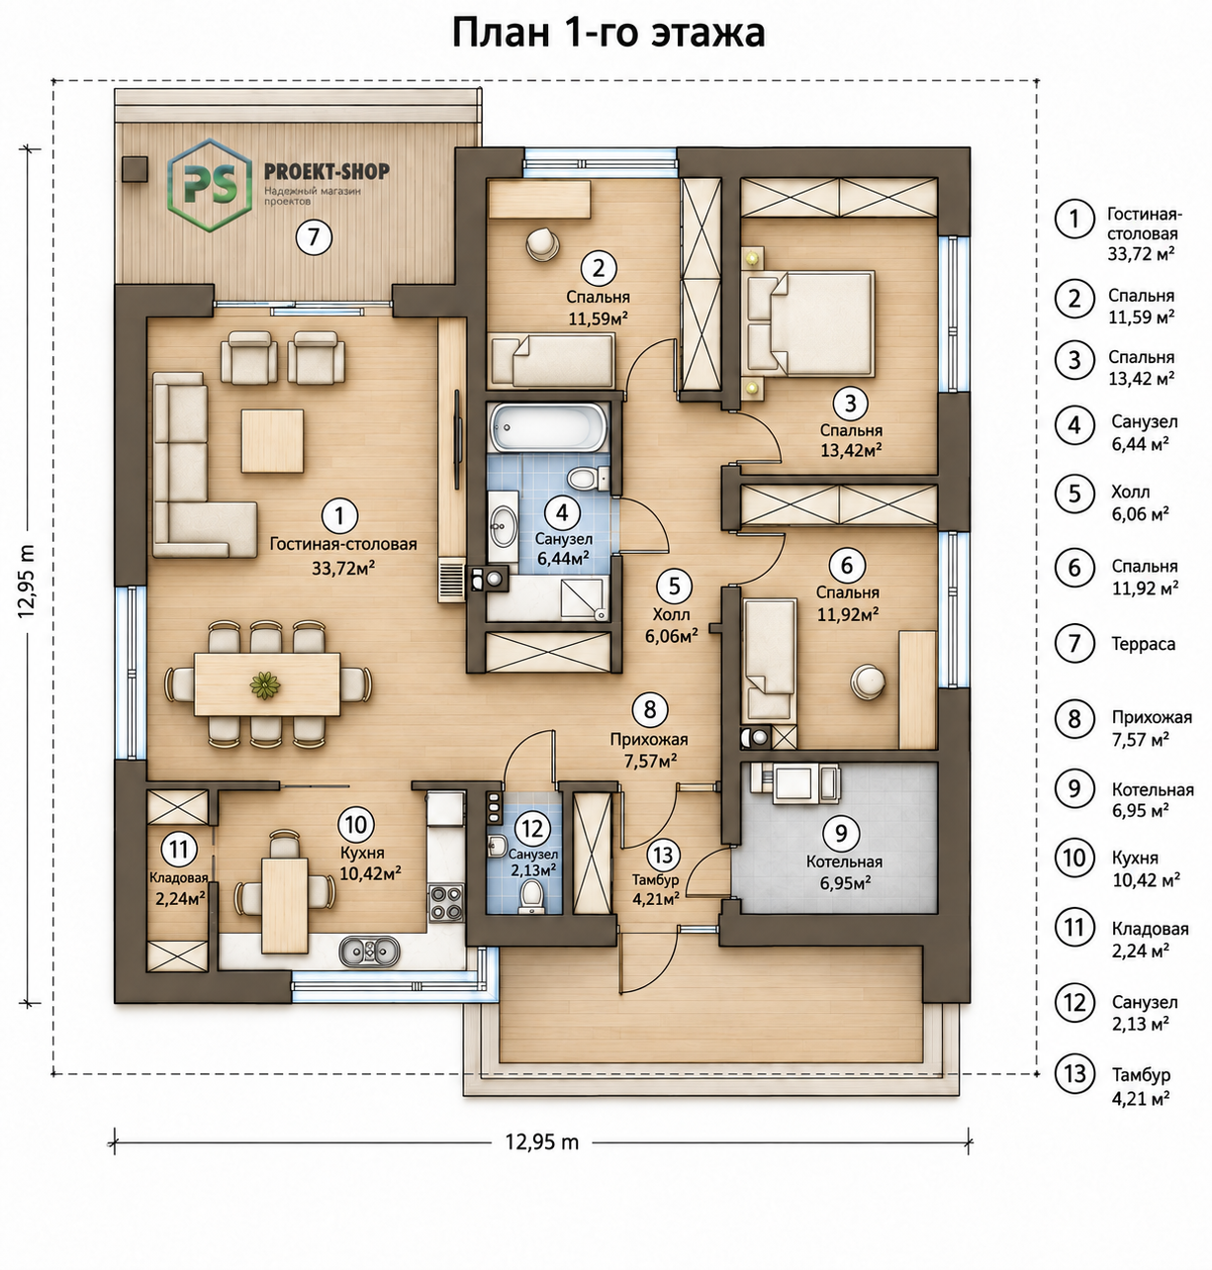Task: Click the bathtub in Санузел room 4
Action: [548, 427]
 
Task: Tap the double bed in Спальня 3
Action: [810, 322]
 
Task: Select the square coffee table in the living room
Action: [272, 440]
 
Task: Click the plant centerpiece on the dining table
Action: [264, 684]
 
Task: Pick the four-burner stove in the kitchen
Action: [446, 902]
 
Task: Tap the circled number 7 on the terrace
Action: [314, 237]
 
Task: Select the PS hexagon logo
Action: [210, 185]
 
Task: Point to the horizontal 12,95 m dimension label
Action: [541, 1142]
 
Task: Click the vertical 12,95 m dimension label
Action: [27, 582]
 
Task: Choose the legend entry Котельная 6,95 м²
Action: [1152, 800]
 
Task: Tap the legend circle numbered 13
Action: [1074, 1074]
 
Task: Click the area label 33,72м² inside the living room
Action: [344, 568]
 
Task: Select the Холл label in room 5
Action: [671, 613]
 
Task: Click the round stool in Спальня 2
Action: [541, 245]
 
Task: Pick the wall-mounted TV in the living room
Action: [457, 438]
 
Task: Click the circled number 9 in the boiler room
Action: [840, 833]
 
